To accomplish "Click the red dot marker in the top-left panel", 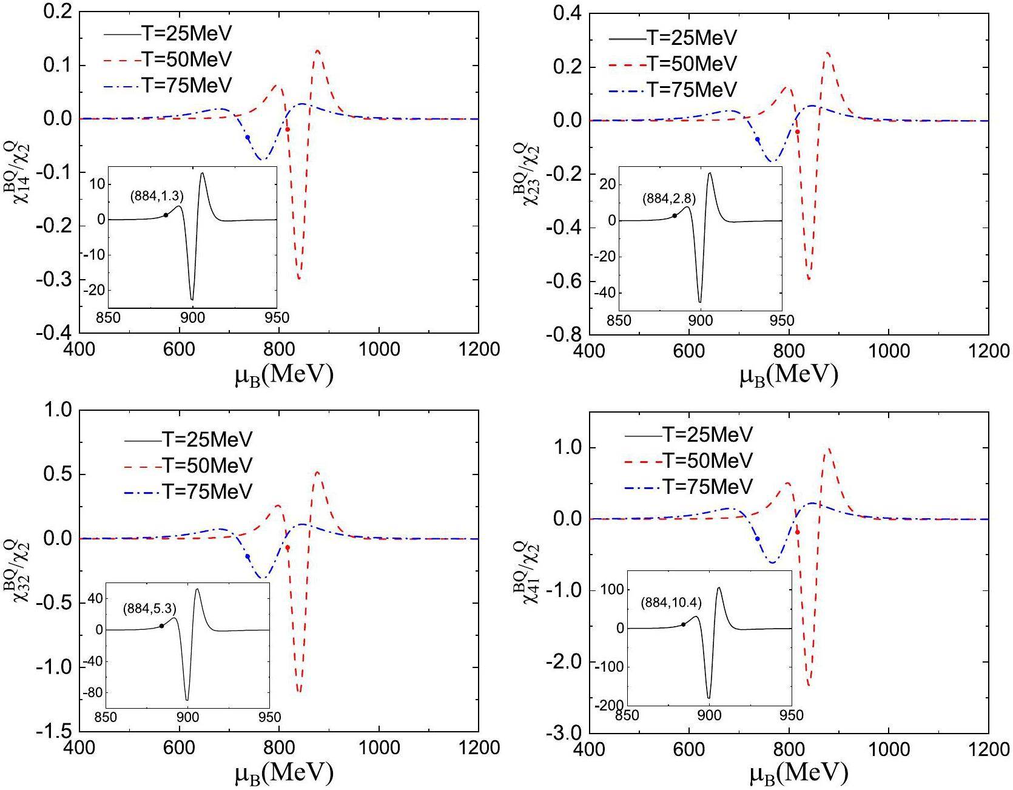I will point(288,129).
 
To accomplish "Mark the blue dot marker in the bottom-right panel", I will point(758,539).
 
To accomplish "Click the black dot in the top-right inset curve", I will point(675,215).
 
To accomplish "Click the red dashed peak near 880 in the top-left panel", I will point(317,52).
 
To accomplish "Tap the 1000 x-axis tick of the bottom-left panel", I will point(379,748).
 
